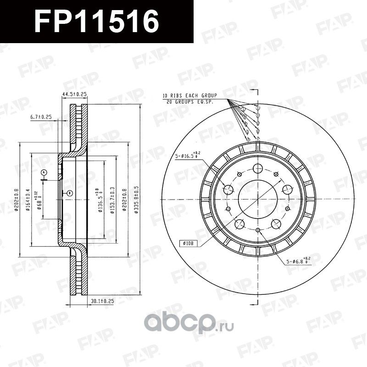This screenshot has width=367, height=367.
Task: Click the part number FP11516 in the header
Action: (x=97, y=22)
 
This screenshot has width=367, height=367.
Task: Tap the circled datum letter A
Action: (x=44, y=172)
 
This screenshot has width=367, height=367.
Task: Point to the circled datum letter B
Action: (x=69, y=193)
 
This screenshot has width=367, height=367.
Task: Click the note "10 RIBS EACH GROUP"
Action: (x=189, y=95)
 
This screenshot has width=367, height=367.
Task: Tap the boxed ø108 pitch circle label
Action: (x=189, y=243)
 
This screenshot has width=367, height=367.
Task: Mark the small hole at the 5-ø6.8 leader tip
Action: (x=257, y=230)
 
